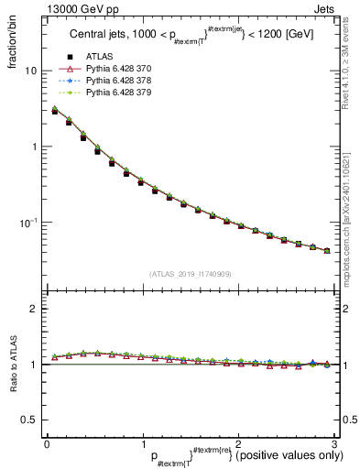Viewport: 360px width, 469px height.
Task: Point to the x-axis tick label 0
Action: point(46,443)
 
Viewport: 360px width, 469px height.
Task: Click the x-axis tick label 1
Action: point(142,443)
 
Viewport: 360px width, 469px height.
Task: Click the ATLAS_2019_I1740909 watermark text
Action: point(190,274)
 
